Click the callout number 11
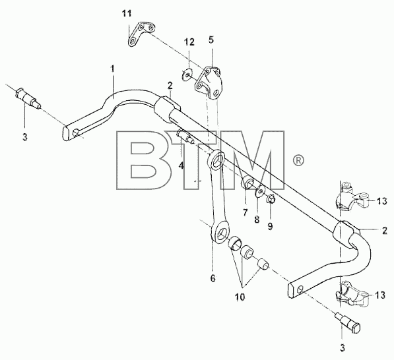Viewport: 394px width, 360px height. (x=127, y=13)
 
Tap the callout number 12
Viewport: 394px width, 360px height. (x=189, y=42)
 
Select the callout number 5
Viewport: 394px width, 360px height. (x=211, y=40)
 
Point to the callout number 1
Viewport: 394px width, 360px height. (x=113, y=69)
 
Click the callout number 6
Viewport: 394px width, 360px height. (x=213, y=278)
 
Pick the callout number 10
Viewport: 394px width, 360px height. (x=240, y=297)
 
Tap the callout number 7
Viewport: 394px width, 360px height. (x=246, y=212)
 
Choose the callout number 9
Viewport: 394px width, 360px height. (x=270, y=226)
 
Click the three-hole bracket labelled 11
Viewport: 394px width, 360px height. (x=141, y=34)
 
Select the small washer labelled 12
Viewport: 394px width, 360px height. (x=187, y=75)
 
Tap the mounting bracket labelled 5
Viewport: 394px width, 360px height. (x=209, y=83)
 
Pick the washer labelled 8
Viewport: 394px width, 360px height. (x=260, y=192)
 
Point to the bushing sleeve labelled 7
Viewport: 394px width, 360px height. (x=247, y=183)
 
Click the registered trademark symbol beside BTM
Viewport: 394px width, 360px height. (x=298, y=160)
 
